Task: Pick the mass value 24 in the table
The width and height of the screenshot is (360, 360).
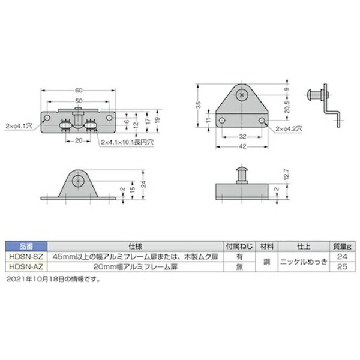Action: (343, 256)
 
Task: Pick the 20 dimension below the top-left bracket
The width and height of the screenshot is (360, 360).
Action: (78, 141)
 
